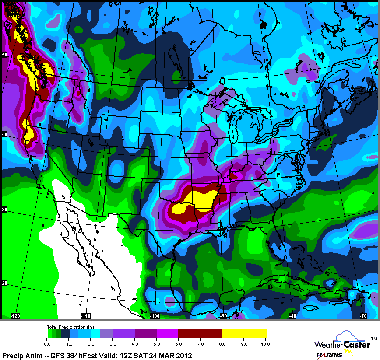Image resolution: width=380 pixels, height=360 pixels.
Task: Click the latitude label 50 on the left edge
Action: [4, 55]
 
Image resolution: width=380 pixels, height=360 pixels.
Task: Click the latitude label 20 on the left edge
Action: [4, 283]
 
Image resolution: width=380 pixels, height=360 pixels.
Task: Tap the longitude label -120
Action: [15, 315]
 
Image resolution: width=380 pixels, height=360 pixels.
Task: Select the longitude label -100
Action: [155, 315]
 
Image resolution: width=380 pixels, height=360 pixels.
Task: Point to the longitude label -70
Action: [362, 315]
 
